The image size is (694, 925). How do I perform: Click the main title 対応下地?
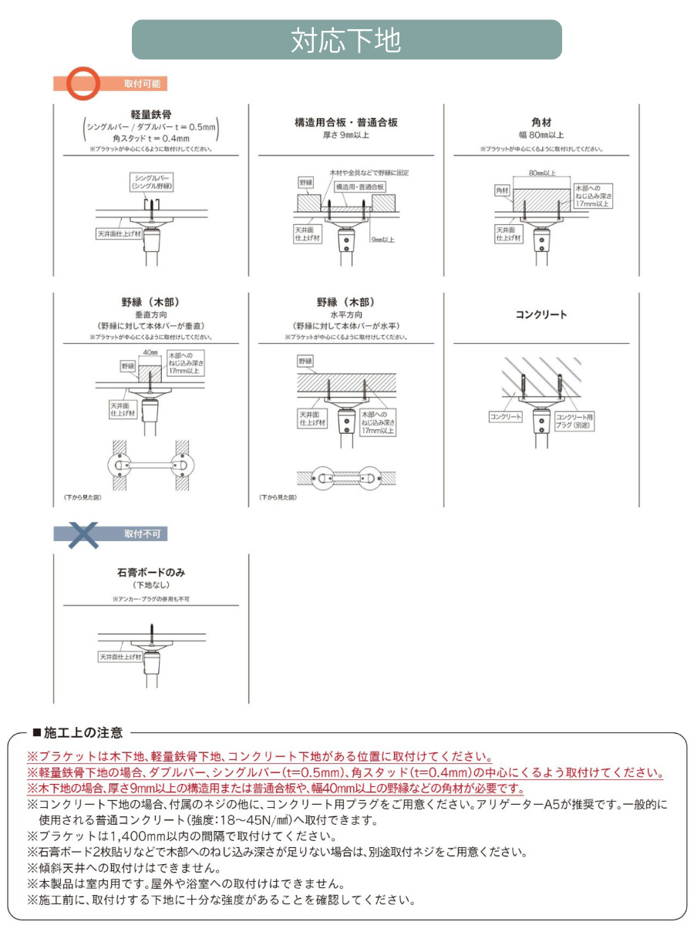tap(346, 40)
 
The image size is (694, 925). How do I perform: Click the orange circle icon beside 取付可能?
tap(83, 83)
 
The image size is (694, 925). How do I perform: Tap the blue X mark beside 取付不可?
tap(83, 533)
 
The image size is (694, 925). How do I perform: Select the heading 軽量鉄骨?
tap(151, 114)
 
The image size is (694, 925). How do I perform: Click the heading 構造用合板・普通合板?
tap(346, 122)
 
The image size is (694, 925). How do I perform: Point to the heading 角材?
tap(541, 122)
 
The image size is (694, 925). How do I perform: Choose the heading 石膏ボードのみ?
tap(151, 573)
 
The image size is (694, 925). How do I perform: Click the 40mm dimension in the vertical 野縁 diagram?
tap(150, 351)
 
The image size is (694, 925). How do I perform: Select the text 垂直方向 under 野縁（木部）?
tap(151, 315)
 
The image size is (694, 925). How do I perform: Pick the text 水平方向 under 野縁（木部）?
tap(346, 315)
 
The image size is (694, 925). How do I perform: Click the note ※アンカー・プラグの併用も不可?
tap(151, 598)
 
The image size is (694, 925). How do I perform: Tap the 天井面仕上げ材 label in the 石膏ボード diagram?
tap(120, 657)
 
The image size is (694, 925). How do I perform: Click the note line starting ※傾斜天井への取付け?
tap(123, 868)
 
